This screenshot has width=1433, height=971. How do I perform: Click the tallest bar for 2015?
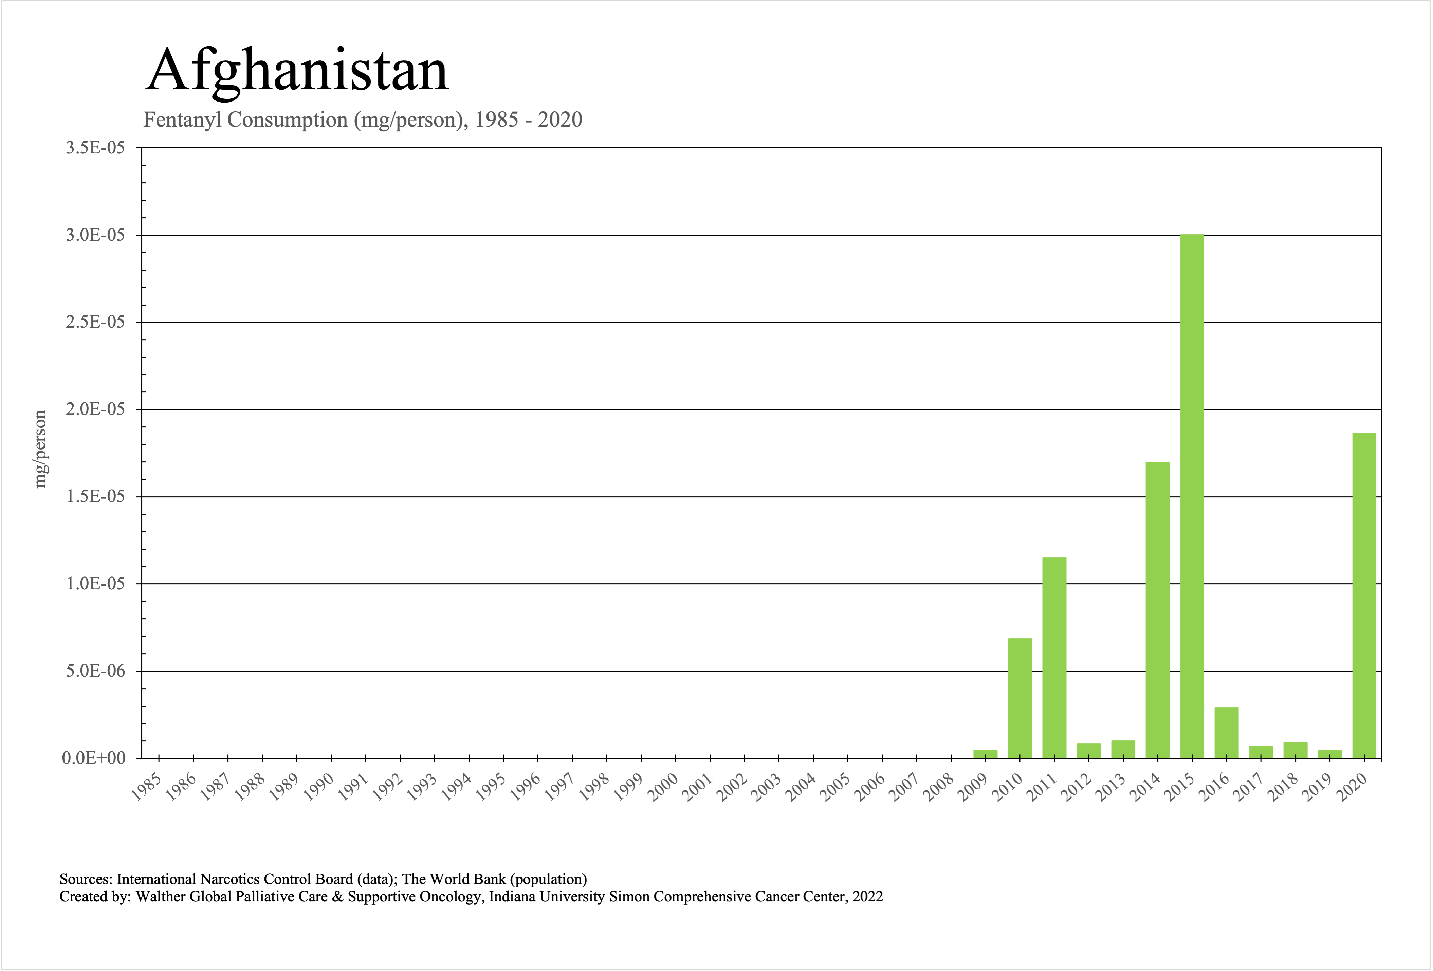[1192, 496]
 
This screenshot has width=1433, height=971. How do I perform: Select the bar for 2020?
[1364, 595]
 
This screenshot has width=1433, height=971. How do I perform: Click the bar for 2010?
[1020, 698]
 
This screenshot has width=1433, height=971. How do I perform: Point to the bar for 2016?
[1227, 732]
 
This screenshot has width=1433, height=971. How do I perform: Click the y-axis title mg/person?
[40, 449]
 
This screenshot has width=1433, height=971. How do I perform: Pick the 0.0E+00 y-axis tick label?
[94, 758]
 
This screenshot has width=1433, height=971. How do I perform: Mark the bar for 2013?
[1123, 749]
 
